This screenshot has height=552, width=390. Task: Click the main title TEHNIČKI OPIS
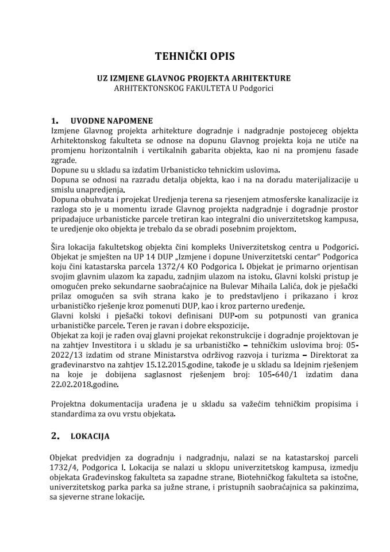click(195, 56)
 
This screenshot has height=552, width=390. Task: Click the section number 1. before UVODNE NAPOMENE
click(55, 121)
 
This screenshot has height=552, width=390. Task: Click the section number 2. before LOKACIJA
click(55, 436)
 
